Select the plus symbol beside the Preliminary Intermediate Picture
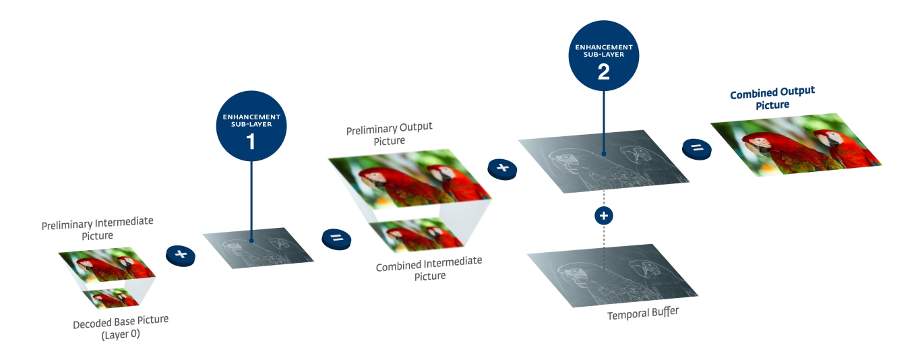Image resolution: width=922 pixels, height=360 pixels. point(180,254)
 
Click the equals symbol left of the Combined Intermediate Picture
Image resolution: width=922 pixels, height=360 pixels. point(337,238)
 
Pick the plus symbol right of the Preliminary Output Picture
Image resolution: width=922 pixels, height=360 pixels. point(501,168)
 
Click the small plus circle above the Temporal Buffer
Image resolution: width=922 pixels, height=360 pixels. point(604,216)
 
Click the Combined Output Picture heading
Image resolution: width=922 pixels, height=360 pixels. point(772,98)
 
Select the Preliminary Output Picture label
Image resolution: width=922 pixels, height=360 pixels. point(390,133)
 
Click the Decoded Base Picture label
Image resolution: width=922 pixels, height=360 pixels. point(121,322)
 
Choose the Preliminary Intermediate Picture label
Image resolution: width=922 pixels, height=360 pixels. point(97,228)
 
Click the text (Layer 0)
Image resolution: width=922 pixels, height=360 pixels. point(121,334)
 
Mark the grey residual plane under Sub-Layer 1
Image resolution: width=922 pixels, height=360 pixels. point(259,247)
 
